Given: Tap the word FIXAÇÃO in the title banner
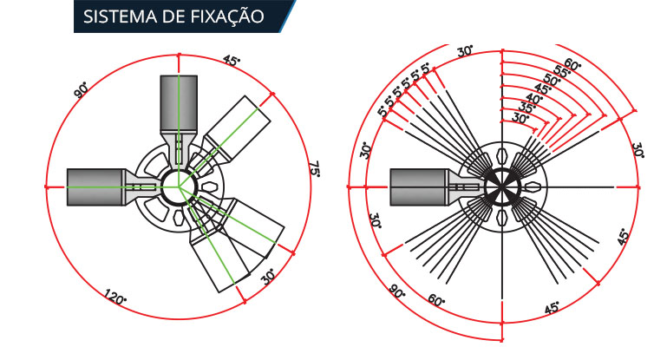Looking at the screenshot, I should click(230, 17).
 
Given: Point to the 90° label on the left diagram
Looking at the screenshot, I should click(82, 88).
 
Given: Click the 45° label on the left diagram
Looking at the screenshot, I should click(232, 61).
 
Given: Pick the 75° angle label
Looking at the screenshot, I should click(314, 170).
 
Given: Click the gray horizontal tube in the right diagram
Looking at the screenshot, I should click(417, 187).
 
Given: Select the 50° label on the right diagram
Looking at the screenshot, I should click(551, 81).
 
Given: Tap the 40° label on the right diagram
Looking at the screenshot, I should click(533, 99).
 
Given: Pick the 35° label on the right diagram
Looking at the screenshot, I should click(526, 108).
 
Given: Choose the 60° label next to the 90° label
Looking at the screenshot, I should click(435, 301).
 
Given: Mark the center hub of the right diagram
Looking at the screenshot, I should click(501, 187).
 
